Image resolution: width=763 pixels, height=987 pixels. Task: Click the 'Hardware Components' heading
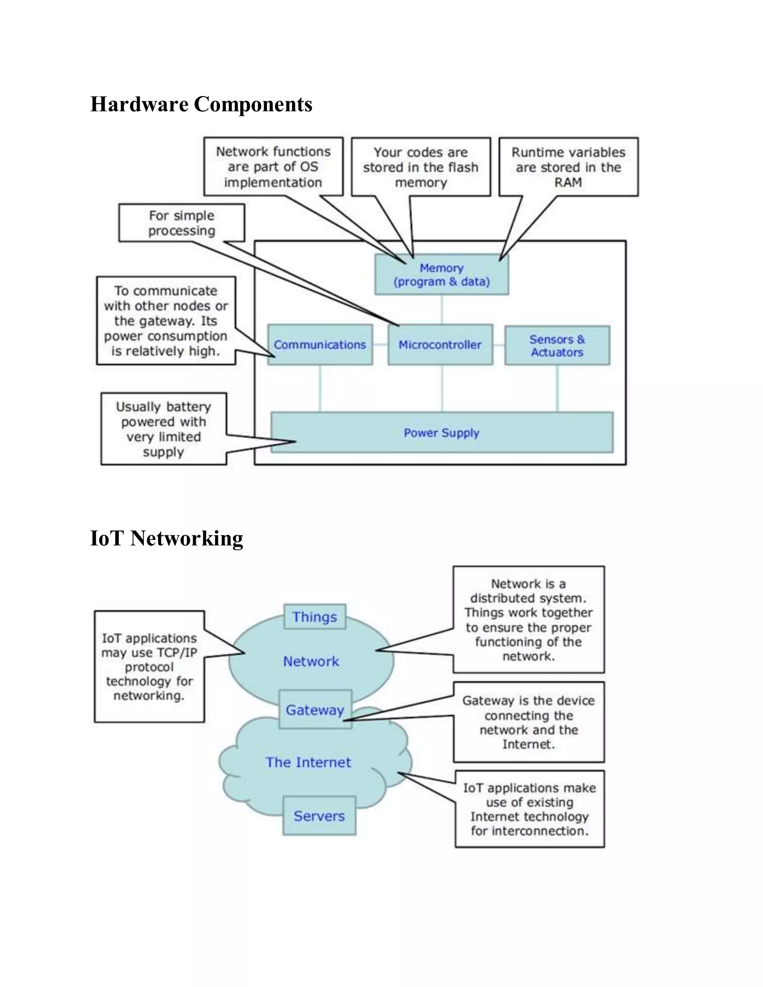(201, 104)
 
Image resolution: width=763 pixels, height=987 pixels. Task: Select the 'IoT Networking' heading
(166, 538)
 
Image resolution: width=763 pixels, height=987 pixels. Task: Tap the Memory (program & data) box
(441, 275)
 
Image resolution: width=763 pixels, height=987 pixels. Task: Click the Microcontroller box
(440, 345)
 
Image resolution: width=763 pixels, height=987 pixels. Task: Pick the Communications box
(320, 345)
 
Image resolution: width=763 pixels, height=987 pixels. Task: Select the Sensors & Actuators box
(557, 346)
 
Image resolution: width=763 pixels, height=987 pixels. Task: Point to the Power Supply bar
(441, 432)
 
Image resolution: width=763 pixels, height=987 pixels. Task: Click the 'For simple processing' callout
(182, 223)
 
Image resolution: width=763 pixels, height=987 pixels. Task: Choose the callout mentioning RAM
(568, 167)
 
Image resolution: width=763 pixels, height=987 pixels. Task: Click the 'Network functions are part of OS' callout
(273, 167)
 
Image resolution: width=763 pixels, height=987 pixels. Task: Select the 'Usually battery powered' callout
(164, 429)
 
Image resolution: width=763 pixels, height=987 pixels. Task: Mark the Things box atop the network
(314, 617)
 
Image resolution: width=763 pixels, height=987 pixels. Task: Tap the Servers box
(319, 816)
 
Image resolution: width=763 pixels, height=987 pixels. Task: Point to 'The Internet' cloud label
(308, 762)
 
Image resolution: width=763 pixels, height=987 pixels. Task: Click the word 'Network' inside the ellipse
(311, 661)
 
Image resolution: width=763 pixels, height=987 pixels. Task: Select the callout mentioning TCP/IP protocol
(149, 667)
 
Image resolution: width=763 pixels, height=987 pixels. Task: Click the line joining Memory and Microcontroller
(441, 310)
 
